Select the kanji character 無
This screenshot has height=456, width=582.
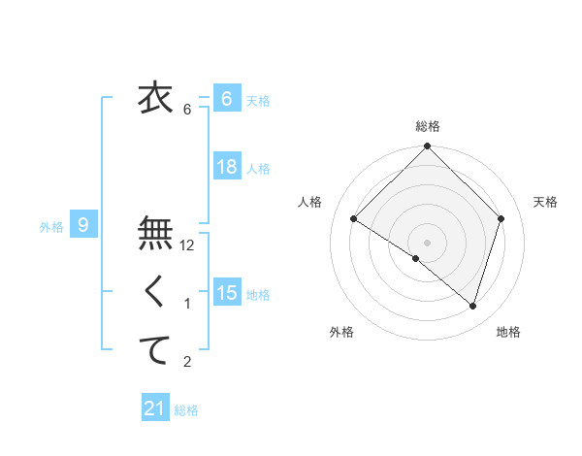[155, 232]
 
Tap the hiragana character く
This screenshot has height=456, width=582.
[155, 290]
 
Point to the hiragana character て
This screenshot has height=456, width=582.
[155, 348]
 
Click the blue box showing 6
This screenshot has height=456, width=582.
[226, 98]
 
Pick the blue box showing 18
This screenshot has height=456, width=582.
[226, 167]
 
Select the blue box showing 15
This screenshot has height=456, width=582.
[226, 292]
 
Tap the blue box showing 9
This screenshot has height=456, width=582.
[83, 226]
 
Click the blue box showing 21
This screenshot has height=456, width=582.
[154, 408]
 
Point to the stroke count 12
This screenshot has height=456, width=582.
[188, 246]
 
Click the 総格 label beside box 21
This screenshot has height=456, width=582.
[186, 410]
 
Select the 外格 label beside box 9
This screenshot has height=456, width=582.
[51, 227]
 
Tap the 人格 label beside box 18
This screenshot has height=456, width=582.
[258, 169]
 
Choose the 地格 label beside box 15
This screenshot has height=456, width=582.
[258, 294]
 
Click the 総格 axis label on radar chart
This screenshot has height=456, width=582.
[428, 126]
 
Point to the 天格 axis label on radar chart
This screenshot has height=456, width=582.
[546, 202]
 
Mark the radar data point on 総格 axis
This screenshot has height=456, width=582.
[428, 147]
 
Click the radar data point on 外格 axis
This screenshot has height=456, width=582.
[416, 258]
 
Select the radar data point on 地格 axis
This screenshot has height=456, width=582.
[473, 306]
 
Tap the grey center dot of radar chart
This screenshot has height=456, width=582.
[428, 242]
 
